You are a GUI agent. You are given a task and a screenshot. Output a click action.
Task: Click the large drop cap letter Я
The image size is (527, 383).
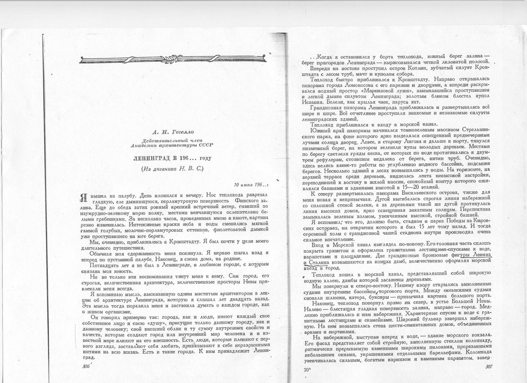85,198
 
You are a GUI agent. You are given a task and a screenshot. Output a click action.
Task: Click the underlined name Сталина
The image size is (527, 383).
319,262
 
